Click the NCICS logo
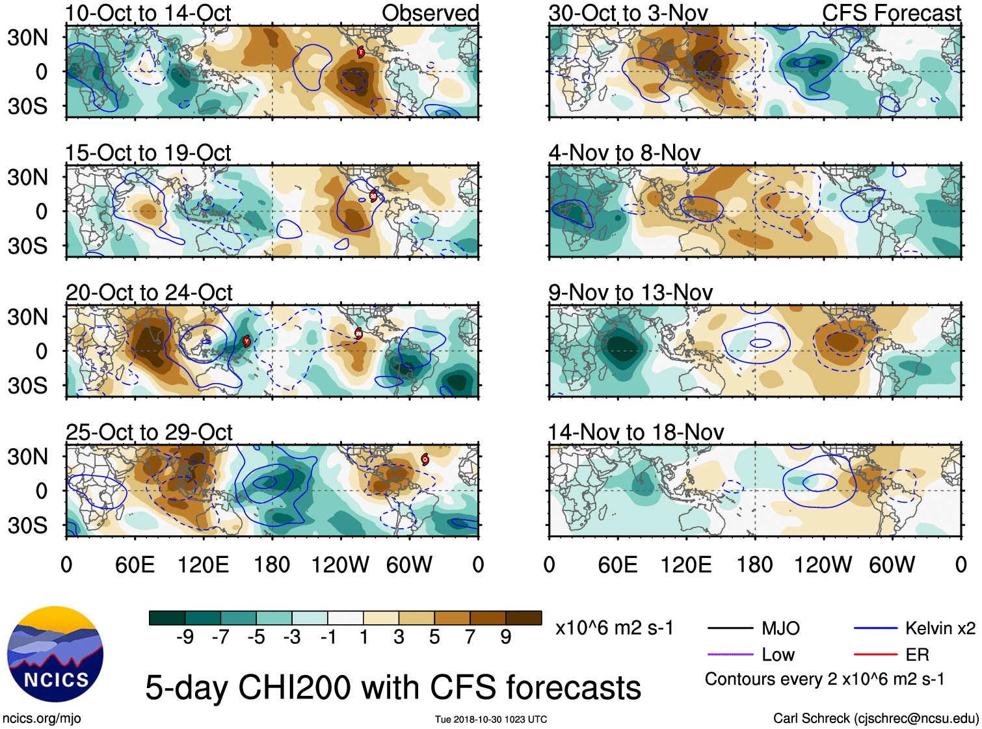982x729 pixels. point(55,654)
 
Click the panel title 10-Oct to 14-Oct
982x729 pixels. point(148,13)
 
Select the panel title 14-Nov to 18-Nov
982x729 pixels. point(635,432)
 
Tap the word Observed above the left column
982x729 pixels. point(430,13)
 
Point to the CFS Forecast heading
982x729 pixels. point(891,13)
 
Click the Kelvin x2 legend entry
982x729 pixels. point(940,628)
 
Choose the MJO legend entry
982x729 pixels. point(780,628)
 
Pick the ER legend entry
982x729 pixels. point(917,654)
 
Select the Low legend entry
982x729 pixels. point(778,654)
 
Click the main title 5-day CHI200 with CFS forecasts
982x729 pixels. point(393,687)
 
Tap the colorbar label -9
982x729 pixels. point(185,637)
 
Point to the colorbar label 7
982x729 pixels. point(470,637)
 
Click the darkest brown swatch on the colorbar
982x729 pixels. point(524,618)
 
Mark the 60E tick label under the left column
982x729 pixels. point(135,564)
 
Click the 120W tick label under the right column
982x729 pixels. point(823,564)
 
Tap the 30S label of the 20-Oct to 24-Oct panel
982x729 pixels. point(27,386)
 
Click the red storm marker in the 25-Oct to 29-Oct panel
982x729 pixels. point(425,459)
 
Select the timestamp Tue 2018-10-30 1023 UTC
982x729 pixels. point(491,719)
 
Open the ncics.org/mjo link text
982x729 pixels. point(42,718)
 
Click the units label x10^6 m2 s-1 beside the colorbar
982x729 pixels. point(614,628)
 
